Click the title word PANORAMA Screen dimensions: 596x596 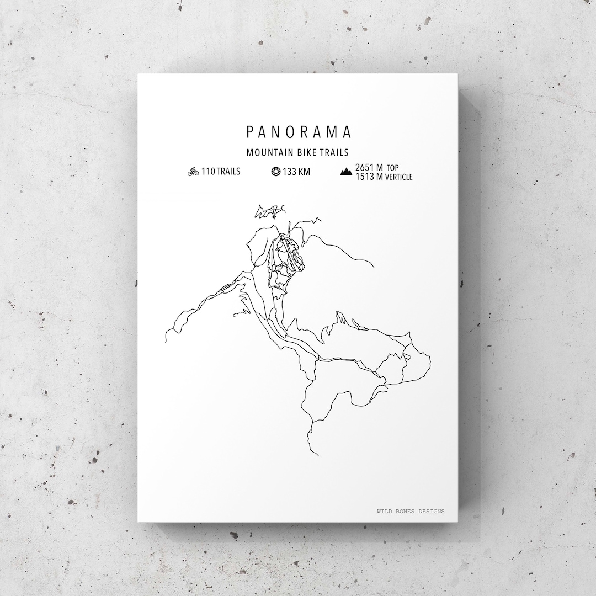pyautogui.click(x=298, y=132)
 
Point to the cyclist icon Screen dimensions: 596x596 pyautogui.click(x=193, y=172)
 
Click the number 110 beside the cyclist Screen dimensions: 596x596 pyautogui.click(x=208, y=172)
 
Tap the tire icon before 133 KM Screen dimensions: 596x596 pyautogui.click(x=275, y=172)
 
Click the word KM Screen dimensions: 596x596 pyautogui.click(x=305, y=172)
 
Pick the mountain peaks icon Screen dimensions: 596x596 pyautogui.click(x=347, y=172)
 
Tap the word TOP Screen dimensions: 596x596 pyautogui.click(x=392, y=168)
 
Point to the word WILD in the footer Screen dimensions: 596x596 pyautogui.click(x=385, y=511)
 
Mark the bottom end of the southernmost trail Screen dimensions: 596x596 pyautogui.click(x=318, y=456)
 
